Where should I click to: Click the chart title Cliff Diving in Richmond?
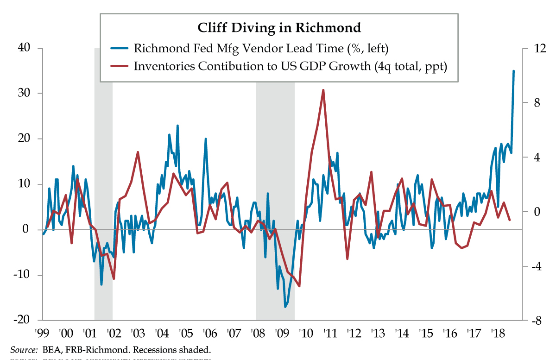[x=279, y=28]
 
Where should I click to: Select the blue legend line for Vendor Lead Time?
[x=120, y=48]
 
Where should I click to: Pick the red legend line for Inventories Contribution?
[x=120, y=66]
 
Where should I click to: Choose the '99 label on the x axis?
[x=42, y=334]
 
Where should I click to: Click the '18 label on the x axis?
[x=497, y=334]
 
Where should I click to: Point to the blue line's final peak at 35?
[x=513, y=71]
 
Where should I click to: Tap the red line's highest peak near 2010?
[x=323, y=90]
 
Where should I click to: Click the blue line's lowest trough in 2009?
[x=285, y=307]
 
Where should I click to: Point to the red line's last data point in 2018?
[x=510, y=220]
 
